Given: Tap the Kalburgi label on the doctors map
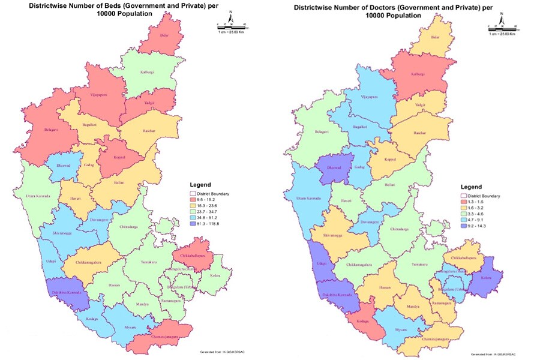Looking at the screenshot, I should [x=418, y=74].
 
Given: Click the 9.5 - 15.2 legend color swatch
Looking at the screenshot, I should [x=193, y=200].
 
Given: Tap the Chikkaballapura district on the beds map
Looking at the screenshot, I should [x=193, y=254].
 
